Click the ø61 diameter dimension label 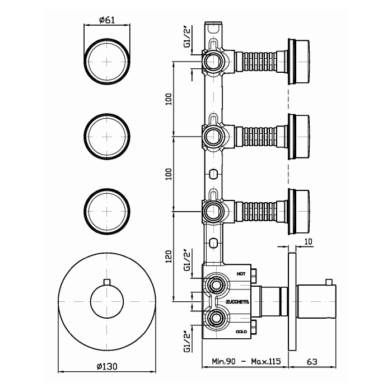(107, 20)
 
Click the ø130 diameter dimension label (107, 366)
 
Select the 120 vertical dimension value (169, 256)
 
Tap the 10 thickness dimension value (309, 241)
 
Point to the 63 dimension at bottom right (312, 362)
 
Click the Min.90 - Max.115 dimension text (246, 361)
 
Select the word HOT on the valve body (241, 274)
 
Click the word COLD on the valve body (241, 332)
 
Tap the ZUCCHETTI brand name (237, 302)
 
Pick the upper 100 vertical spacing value (169, 99)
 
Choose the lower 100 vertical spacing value (169, 174)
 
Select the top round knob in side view (299, 61)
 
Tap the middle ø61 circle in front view (107, 137)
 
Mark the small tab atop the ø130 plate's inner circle (107, 282)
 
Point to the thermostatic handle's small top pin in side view (329, 282)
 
